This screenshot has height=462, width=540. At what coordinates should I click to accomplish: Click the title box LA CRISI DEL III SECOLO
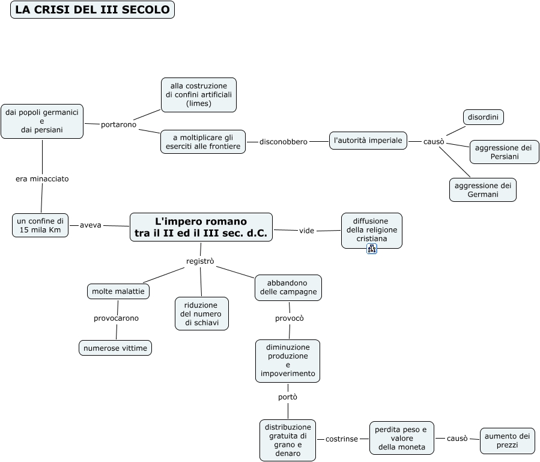pyautogui.click(x=93, y=10)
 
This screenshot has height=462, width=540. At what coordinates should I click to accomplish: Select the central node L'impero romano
pyautogui.click(x=201, y=227)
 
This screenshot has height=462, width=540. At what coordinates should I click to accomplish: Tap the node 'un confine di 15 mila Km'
pyautogui.click(x=40, y=225)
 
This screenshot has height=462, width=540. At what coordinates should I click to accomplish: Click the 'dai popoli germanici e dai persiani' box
pyautogui.click(x=42, y=121)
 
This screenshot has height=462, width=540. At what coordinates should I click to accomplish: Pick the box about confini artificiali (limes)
pyautogui.click(x=199, y=95)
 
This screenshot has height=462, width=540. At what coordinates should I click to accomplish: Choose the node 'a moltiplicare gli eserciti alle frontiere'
pyautogui.click(x=203, y=142)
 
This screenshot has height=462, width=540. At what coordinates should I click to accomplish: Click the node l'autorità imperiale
pyautogui.click(x=368, y=140)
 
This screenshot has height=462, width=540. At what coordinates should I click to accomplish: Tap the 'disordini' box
pyautogui.click(x=483, y=117)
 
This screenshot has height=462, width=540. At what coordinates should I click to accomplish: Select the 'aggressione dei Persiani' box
pyautogui.click(x=504, y=152)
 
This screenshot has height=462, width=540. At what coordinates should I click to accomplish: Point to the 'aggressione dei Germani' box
pyautogui.click(x=483, y=190)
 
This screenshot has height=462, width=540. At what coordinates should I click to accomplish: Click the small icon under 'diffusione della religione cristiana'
pyautogui.click(x=372, y=248)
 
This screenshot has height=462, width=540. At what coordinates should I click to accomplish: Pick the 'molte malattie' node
pyautogui.click(x=118, y=291)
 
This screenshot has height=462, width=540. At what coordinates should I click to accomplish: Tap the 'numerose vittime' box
pyautogui.click(x=115, y=348)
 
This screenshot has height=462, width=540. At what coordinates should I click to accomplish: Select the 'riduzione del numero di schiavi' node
pyautogui.click(x=202, y=314)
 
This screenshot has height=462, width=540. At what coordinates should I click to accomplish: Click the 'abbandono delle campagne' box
pyautogui.click(x=288, y=288)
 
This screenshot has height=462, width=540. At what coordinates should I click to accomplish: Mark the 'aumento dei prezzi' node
pyautogui.click(x=508, y=440)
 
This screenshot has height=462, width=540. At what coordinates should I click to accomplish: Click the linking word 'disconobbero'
pyautogui.click(x=284, y=142)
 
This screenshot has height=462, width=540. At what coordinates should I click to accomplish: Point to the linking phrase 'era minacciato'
pyautogui.click(x=42, y=179)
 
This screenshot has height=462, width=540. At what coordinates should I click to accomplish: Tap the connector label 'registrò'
pyautogui.click(x=200, y=261)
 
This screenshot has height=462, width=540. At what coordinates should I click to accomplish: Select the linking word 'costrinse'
pyautogui.click(x=342, y=439)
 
